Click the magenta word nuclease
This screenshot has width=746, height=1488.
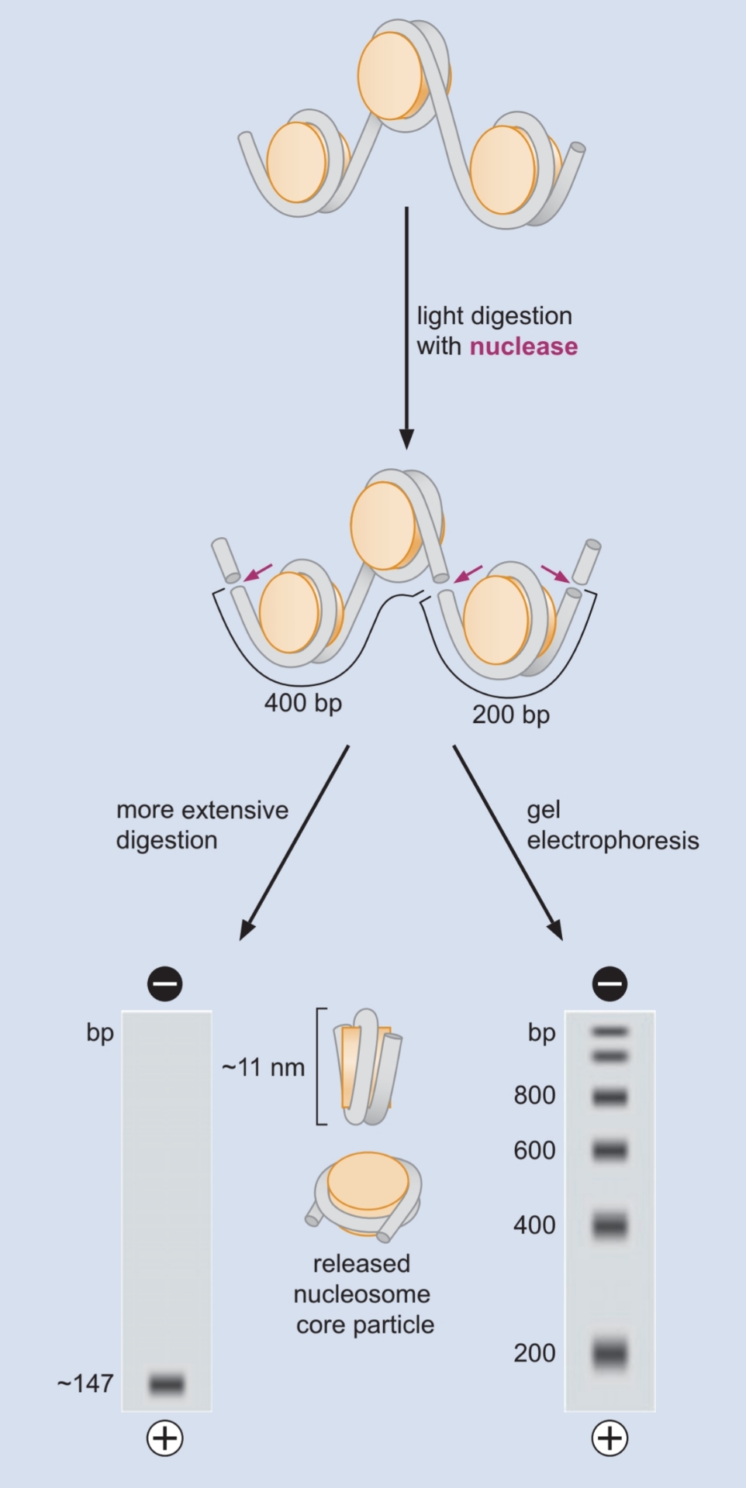coord(523,346)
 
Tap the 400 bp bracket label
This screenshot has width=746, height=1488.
coord(302,703)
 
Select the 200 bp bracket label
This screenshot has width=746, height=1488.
coord(510,715)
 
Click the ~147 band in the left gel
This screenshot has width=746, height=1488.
coord(167,1383)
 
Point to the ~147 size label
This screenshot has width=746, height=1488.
coord(85,1383)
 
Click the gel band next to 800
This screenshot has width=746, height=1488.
coord(610,1097)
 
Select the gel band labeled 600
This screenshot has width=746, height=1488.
coord(610,1150)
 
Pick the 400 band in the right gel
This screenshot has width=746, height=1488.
coord(610,1225)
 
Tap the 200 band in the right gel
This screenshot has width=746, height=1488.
coord(610,1354)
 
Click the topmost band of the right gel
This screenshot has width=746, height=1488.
coord(610,1032)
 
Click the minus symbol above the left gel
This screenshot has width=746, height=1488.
coord(164,984)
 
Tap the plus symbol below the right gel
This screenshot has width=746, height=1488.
coord(610,1438)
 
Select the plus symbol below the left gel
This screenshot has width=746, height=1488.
coord(164,1438)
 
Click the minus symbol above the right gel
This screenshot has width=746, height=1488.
coord(610,984)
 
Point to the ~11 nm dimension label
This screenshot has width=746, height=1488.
coord(263,1068)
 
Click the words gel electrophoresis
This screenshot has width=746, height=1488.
coord(612,825)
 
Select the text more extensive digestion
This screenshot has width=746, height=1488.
coord(202,825)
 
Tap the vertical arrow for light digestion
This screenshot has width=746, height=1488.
coord(406,325)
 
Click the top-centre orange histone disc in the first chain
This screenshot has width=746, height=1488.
coord(391,76)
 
